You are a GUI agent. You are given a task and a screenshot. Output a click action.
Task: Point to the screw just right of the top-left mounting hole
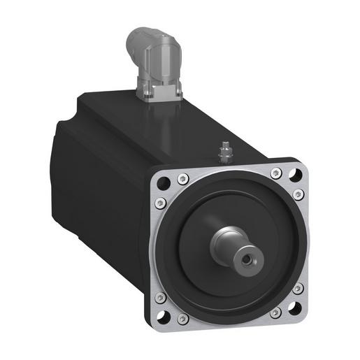(182, 177)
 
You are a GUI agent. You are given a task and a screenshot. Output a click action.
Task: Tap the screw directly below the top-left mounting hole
(159, 203)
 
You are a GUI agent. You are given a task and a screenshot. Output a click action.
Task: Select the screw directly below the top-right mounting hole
(298, 194)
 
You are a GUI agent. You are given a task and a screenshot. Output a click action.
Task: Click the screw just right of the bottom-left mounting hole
(183, 319)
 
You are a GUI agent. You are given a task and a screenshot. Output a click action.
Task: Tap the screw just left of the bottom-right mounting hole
(274, 312)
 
